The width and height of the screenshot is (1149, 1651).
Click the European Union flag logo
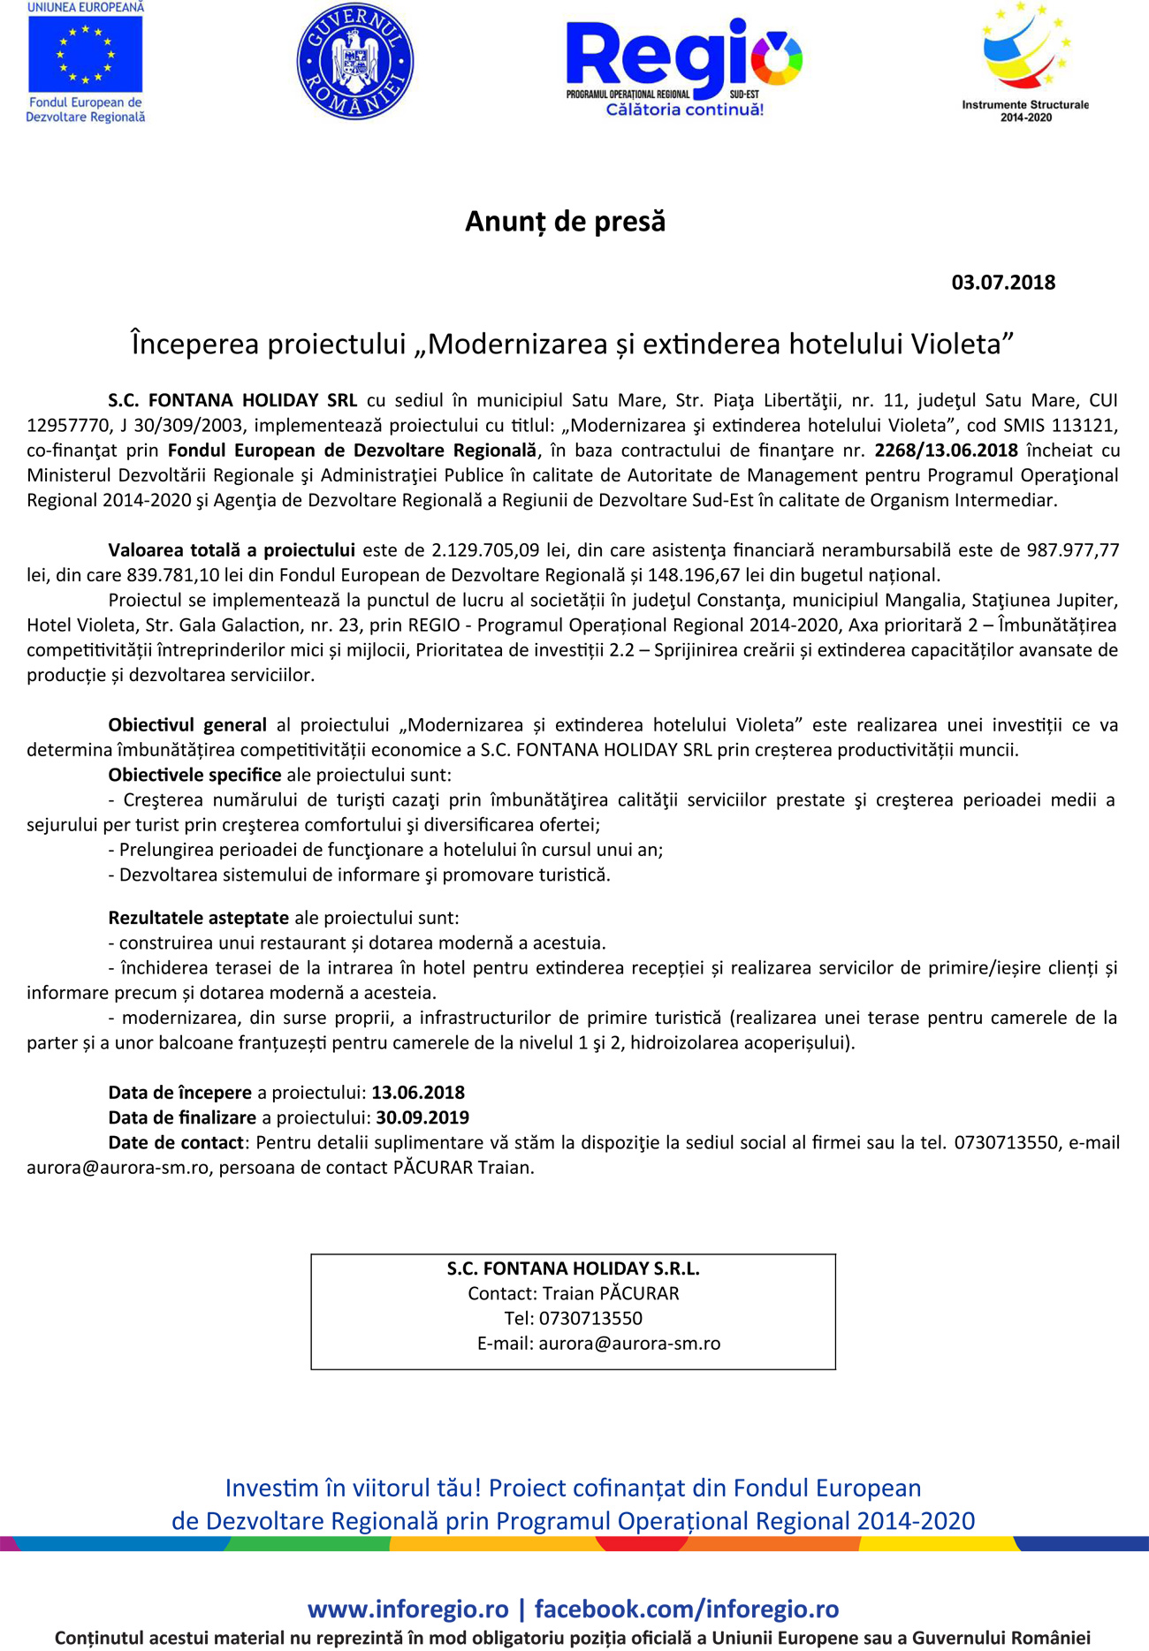(85, 54)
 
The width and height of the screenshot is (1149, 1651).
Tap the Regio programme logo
(684, 66)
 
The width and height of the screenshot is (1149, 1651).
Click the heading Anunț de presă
(566, 221)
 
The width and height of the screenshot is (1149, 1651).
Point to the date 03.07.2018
(1003, 283)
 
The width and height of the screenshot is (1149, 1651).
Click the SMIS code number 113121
(1082, 425)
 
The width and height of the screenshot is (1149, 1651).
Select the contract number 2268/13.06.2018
(947, 450)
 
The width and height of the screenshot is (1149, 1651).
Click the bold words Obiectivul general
(187, 725)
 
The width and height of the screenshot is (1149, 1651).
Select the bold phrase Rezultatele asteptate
(198, 918)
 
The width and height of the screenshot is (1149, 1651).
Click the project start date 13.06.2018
(418, 1093)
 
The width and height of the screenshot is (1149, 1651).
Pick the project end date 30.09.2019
(422, 1117)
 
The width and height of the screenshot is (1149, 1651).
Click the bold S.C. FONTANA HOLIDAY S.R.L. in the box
(573, 1269)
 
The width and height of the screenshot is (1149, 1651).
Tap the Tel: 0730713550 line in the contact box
(573, 1318)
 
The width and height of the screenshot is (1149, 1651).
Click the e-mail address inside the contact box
(629, 1344)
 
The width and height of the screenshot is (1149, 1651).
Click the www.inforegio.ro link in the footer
(408, 1609)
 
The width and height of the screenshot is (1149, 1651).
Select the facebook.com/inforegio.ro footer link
(687, 1609)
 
